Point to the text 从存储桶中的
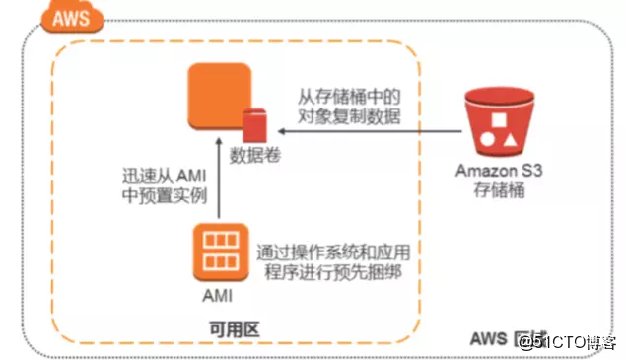tap(349, 98)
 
